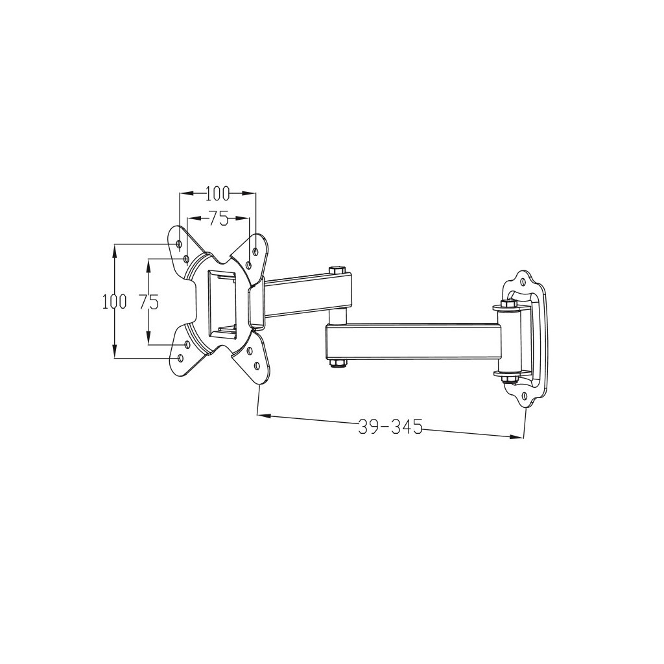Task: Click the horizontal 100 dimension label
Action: tap(218, 193)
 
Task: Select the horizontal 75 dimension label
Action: tap(219, 219)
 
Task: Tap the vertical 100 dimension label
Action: tap(114, 302)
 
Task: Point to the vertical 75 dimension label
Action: tap(149, 302)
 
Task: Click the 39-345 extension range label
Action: tap(390, 427)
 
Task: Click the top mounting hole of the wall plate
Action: tap(523, 281)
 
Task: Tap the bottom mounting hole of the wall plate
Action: tap(524, 395)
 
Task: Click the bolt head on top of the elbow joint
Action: tap(335, 269)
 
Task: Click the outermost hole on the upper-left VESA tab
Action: tap(179, 244)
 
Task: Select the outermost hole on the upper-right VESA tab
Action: tap(255, 250)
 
